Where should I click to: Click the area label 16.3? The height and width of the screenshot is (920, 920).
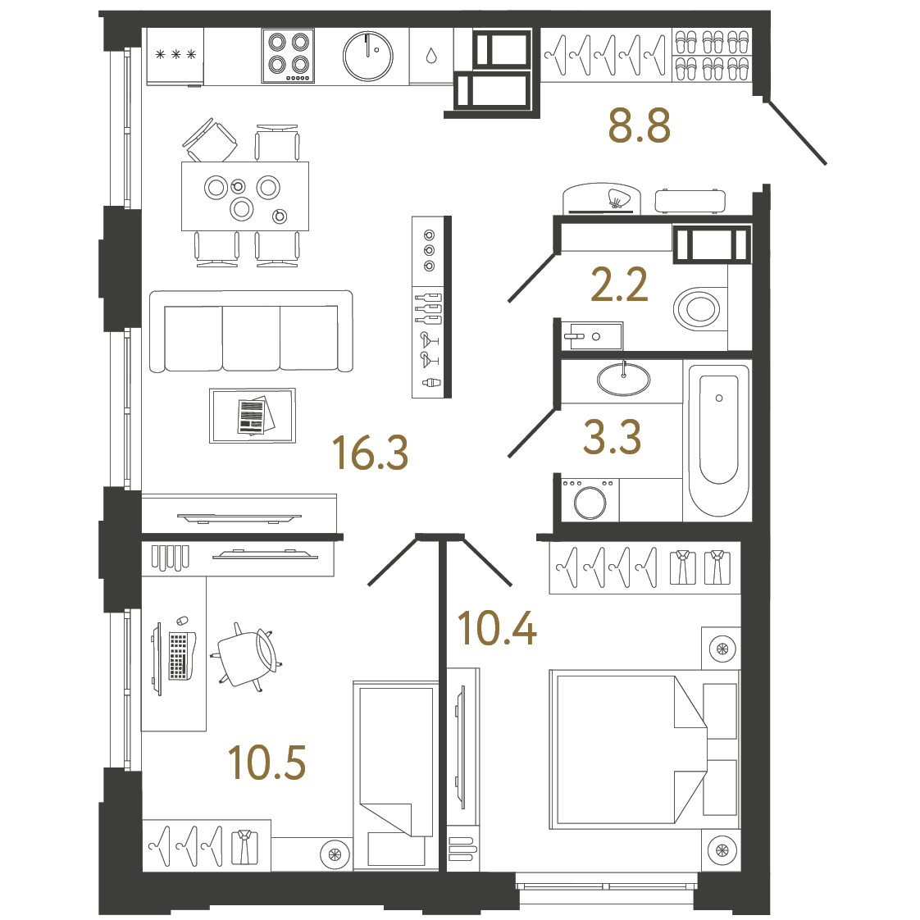click(x=370, y=453)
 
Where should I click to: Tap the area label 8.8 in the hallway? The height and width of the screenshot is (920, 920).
click(x=639, y=126)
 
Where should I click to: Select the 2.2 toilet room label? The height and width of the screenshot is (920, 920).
click(x=619, y=285)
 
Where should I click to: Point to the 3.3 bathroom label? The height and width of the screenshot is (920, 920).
click(x=612, y=437)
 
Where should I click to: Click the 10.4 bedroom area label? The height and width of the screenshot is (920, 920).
click(x=497, y=629)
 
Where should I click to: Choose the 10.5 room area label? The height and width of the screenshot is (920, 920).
click(x=266, y=763)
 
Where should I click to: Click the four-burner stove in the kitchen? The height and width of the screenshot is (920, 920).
click(x=288, y=56)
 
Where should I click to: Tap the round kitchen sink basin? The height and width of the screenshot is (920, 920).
click(x=367, y=57)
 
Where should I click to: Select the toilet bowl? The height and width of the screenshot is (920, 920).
click(x=697, y=309)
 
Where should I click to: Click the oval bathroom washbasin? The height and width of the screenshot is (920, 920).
click(x=623, y=380)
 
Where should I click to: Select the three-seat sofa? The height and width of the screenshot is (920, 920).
click(x=251, y=332)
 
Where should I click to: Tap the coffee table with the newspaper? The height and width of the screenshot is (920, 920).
click(x=252, y=416)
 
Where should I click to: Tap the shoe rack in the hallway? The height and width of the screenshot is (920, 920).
click(x=712, y=56)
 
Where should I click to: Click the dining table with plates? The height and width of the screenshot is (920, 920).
click(x=244, y=197)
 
